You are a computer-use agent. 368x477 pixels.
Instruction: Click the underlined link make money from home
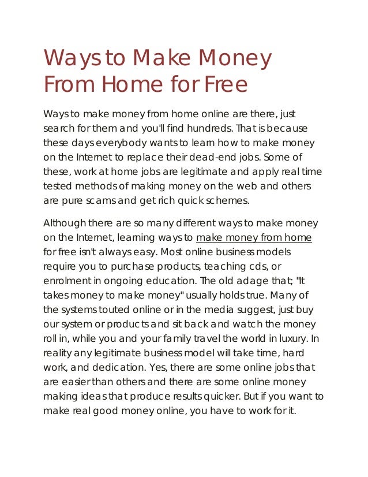tap(254, 237)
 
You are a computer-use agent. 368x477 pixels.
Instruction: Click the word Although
tap(66, 223)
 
